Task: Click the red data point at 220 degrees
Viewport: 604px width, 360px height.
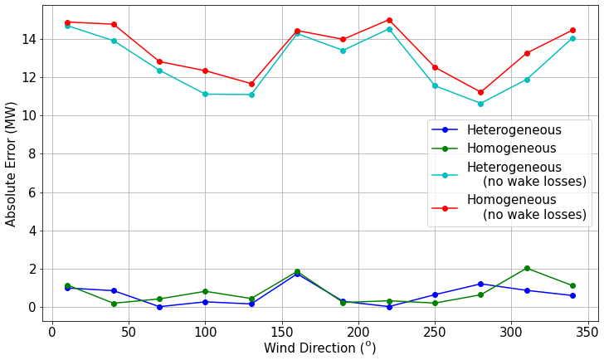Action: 389,20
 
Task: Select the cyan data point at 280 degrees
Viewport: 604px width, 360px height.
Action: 480,104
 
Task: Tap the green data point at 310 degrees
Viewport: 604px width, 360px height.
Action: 527,268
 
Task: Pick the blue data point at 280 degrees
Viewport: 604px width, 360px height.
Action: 480,284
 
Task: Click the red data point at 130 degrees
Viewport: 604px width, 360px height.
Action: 251,84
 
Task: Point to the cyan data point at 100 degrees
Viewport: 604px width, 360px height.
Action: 205,94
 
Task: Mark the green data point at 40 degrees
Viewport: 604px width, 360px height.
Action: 114,304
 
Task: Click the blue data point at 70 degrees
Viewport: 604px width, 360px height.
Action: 159,307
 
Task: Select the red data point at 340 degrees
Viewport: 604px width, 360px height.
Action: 572,30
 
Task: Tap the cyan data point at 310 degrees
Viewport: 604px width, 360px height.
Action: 527,80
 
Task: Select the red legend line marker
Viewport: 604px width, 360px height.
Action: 445,208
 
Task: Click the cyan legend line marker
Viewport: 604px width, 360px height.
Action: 445,175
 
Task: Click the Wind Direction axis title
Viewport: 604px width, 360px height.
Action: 319,348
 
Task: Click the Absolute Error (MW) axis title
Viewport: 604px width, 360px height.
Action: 12,163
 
